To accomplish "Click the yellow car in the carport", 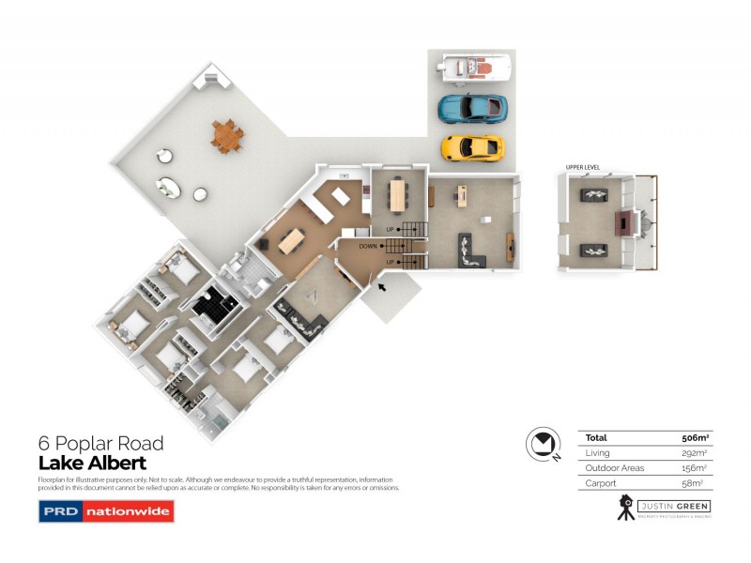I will pyautogui.click(x=472, y=147).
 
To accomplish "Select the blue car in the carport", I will pyautogui.click(x=472, y=108).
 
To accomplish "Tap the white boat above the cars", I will pyautogui.click(x=474, y=67).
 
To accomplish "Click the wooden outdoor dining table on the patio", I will pyautogui.click(x=226, y=136).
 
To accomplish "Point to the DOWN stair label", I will pyautogui.click(x=368, y=246).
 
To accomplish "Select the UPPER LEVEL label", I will pyautogui.click(x=582, y=168).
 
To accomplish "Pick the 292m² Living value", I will pyautogui.click(x=694, y=452).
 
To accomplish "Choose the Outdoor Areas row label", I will pyautogui.click(x=613, y=467).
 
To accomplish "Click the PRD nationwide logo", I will pyautogui.click(x=106, y=511).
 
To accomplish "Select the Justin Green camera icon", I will pyautogui.click(x=623, y=508).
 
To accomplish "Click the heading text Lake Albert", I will pyautogui.click(x=92, y=463).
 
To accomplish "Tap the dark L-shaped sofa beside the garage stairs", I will pyautogui.click(x=469, y=251).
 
